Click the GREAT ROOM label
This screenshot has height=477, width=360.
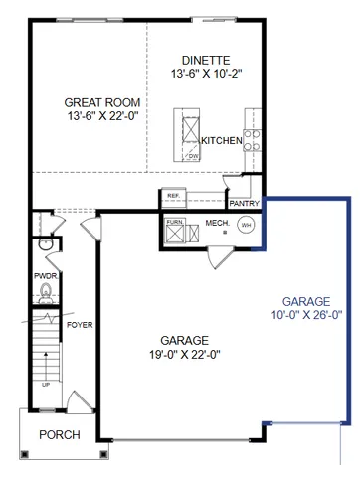[101, 102]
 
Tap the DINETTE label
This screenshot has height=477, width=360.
[206, 59]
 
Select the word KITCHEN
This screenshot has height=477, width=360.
[221, 141]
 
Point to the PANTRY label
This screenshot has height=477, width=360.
[244, 203]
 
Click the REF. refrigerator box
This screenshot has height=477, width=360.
[173, 196]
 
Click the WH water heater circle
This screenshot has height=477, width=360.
[246, 225]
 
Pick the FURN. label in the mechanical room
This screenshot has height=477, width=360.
[175, 222]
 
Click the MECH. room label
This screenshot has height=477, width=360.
[216, 224]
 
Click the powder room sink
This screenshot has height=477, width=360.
[43, 243]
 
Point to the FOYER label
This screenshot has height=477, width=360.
[80, 325]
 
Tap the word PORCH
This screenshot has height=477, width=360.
[59, 435]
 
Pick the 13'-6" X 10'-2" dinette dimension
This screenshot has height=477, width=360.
[206, 74]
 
